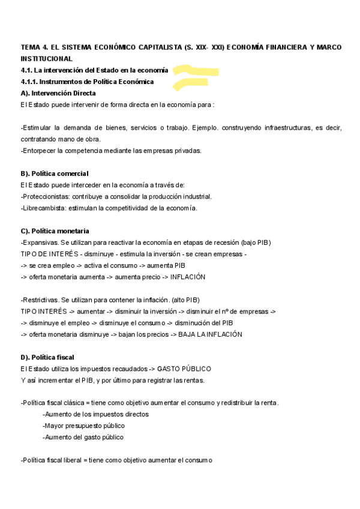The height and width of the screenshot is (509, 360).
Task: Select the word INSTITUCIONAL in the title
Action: (46, 58)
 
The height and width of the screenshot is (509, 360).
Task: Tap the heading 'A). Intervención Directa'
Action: (58, 93)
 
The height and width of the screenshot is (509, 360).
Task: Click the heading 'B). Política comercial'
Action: (55, 173)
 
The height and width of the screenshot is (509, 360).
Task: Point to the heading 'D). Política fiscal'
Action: (47, 357)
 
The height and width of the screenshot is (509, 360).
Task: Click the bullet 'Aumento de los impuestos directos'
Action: (96, 414)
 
